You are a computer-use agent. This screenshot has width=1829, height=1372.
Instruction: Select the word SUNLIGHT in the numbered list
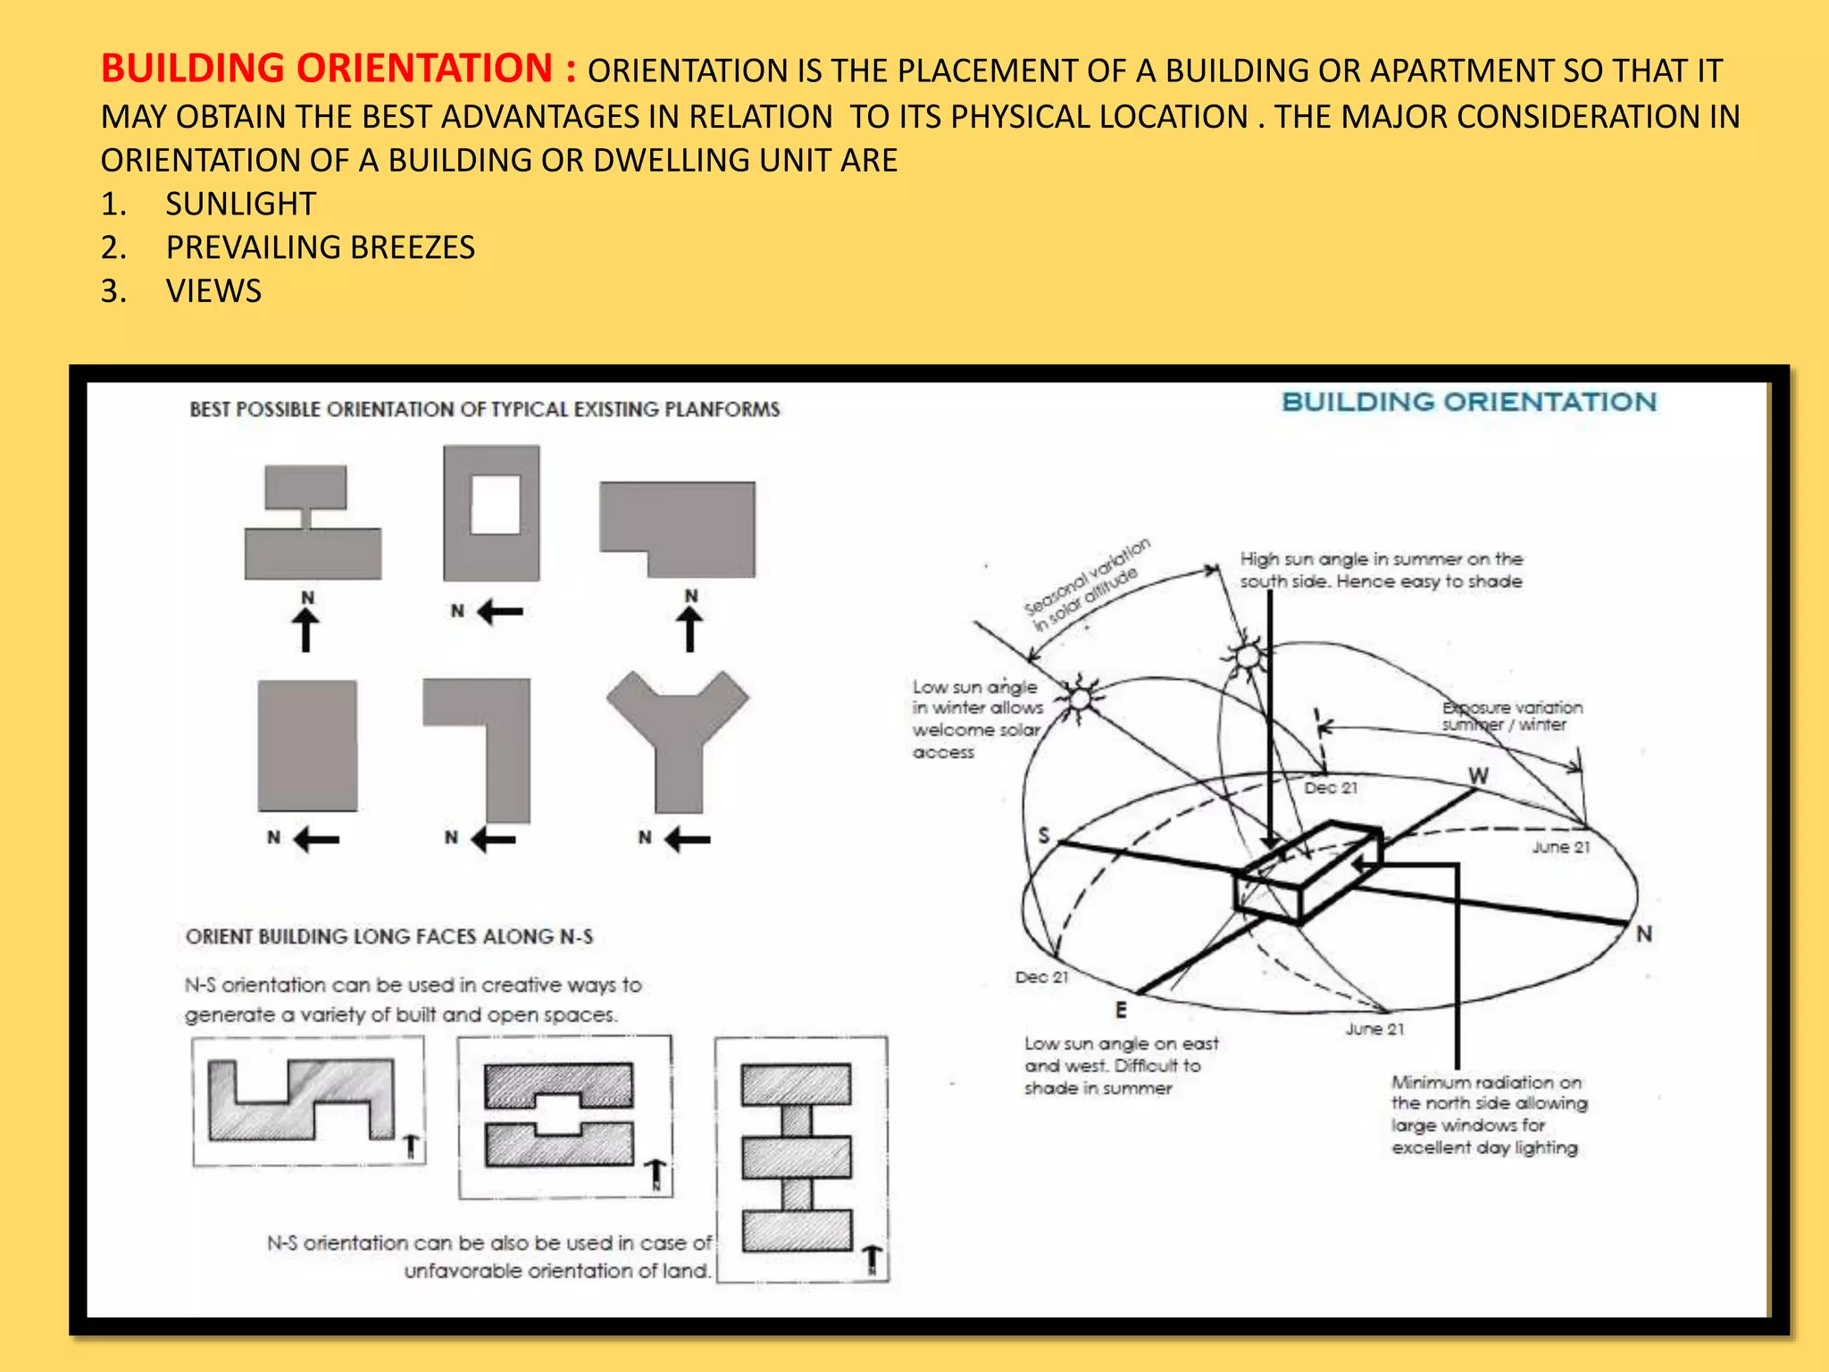[x=240, y=204]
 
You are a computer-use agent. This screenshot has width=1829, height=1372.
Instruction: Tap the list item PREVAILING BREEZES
[x=320, y=247]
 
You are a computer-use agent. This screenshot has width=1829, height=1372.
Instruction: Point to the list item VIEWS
[x=213, y=291]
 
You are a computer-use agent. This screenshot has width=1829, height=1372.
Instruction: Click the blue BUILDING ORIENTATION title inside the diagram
[x=1468, y=402]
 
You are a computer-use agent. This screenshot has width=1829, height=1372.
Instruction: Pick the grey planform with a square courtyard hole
[x=491, y=513]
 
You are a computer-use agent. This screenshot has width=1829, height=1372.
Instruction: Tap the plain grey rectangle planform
[x=307, y=745]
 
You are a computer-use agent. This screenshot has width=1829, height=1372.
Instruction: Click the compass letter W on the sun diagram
[x=1478, y=775]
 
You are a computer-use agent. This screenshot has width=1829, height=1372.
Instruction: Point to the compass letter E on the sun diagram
[x=1121, y=1009]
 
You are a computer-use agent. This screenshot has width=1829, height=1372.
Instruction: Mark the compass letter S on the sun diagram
[x=1044, y=835]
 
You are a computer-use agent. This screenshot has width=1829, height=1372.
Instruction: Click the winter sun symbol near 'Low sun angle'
[x=1081, y=697]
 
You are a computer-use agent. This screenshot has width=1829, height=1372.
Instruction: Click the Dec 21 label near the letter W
[x=1330, y=788]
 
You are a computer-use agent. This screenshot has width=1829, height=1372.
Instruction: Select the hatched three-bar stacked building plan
[x=797, y=1158]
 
